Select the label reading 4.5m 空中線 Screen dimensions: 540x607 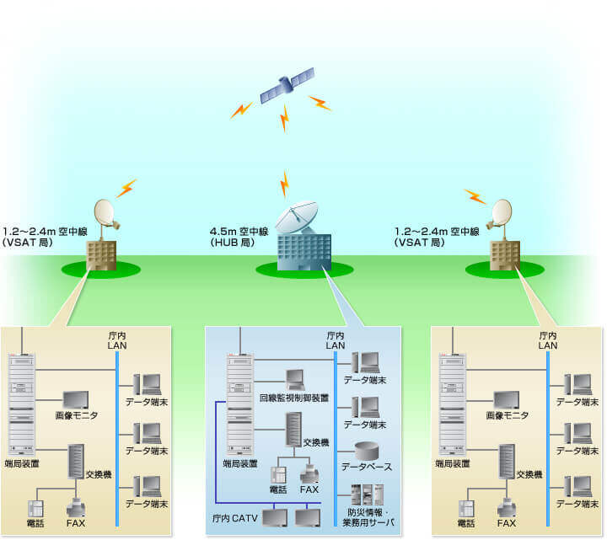click(x=235, y=231)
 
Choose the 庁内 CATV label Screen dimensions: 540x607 click(x=234, y=516)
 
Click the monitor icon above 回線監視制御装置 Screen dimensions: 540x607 click(x=295, y=378)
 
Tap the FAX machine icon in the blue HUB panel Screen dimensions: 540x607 click(x=309, y=474)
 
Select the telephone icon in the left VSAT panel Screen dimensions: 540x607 click(x=36, y=509)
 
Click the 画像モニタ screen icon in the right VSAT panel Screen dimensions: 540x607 click(x=507, y=400)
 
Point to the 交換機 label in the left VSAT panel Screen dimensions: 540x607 click(x=100, y=475)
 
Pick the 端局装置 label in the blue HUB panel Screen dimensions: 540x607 click(x=240, y=463)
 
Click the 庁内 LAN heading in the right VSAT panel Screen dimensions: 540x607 click(x=548, y=340)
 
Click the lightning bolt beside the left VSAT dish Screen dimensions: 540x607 click(x=126, y=187)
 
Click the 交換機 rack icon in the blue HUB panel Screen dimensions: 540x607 click(x=293, y=430)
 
